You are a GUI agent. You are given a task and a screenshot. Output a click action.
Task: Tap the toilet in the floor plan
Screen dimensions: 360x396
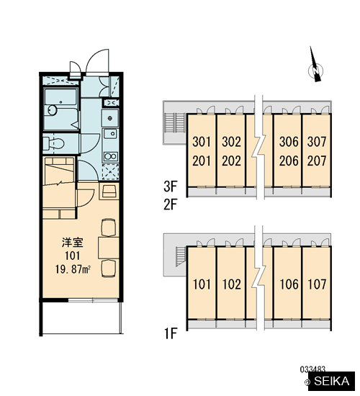[x=53, y=144]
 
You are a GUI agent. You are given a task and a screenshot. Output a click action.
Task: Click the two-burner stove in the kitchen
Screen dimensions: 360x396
[x=110, y=156]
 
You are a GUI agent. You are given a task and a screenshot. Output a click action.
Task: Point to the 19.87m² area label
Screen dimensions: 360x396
[x=73, y=269]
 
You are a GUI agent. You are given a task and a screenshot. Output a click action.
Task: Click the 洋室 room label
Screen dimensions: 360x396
[x=73, y=243]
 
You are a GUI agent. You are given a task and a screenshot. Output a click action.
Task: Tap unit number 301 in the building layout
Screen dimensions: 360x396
[x=202, y=142]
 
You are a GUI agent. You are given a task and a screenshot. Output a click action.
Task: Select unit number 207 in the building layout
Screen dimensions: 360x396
[x=317, y=161]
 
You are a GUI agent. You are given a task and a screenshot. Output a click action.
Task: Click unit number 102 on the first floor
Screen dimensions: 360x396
[x=231, y=284]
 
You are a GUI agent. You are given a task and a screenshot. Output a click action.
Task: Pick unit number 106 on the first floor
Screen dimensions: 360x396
[x=289, y=284]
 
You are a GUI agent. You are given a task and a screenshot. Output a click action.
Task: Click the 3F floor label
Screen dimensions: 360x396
[x=171, y=186]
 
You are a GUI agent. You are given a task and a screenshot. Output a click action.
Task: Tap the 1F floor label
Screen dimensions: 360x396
[x=171, y=333]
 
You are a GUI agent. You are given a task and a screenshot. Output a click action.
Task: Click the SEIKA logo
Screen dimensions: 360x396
[x=332, y=381]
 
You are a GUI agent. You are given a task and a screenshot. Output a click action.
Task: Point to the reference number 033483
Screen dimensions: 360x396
[x=312, y=369]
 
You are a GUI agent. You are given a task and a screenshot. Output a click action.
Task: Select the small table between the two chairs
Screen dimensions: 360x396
[x=109, y=248]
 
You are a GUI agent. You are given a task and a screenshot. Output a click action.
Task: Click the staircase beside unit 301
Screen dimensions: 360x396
[x=174, y=122]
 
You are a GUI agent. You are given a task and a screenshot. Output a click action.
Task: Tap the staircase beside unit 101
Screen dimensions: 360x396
[x=181, y=256]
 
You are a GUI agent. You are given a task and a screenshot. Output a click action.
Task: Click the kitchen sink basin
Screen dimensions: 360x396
[x=110, y=117]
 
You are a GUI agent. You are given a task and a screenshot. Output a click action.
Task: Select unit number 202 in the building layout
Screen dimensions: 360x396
[x=231, y=161]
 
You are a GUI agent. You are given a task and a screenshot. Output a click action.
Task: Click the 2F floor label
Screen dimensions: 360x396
[x=171, y=204]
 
